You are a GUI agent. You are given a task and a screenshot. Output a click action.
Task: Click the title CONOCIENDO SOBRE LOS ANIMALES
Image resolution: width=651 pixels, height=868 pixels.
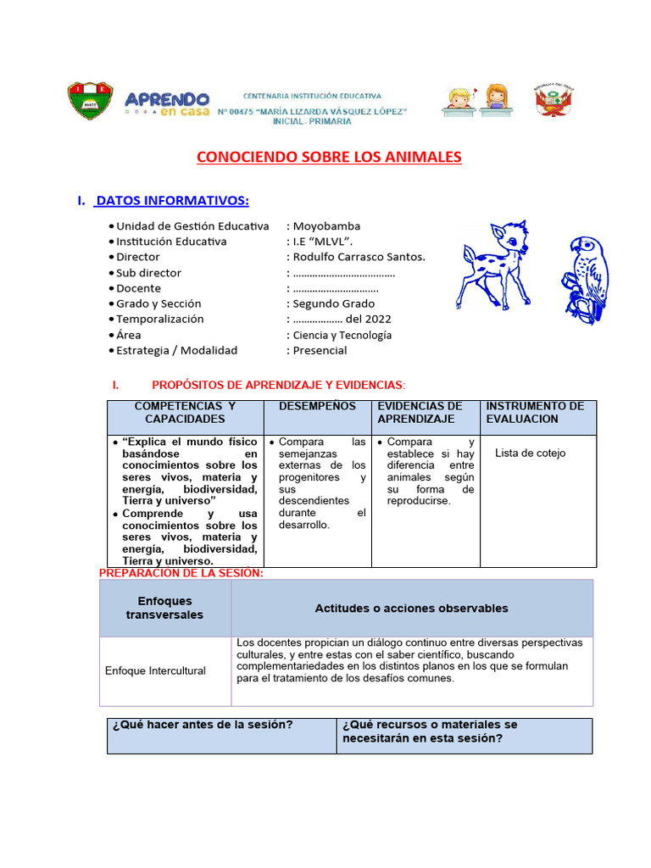pyautogui.click(x=329, y=157)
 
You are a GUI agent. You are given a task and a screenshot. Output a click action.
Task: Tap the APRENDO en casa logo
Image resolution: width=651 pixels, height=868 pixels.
pyautogui.click(x=166, y=103)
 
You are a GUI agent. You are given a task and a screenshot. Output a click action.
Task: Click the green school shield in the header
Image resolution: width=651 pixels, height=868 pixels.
pyautogui.click(x=90, y=101)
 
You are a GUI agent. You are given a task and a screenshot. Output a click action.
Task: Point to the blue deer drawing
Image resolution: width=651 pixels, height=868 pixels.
pyautogui.click(x=496, y=264)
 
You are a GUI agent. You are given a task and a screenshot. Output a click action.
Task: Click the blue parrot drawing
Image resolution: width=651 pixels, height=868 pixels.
pyautogui.click(x=587, y=278)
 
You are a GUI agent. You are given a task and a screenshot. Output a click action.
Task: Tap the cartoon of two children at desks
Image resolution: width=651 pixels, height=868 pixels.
pyautogui.click(x=475, y=100)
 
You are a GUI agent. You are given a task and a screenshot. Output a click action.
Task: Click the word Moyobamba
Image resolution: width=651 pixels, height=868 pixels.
pyautogui.click(x=326, y=226)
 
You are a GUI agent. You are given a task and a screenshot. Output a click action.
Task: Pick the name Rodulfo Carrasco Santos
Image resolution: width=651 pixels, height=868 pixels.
pyautogui.click(x=359, y=257)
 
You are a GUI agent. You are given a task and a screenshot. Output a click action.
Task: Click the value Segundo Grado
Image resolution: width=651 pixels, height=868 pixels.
pyautogui.click(x=333, y=303)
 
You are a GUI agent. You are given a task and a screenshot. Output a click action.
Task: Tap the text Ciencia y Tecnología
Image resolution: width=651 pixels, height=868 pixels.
pyautogui.click(x=342, y=335)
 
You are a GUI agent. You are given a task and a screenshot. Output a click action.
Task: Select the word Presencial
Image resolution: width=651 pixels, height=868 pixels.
pyautogui.click(x=320, y=350)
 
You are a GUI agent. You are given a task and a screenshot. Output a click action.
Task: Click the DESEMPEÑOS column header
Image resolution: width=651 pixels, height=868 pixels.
pyautogui.click(x=317, y=407)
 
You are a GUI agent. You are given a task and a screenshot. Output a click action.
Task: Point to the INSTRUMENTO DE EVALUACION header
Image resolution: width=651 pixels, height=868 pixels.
pyautogui.click(x=535, y=413)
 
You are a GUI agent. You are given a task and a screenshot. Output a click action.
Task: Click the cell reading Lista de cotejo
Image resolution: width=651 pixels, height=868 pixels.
pyautogui.click(x=530, y=453)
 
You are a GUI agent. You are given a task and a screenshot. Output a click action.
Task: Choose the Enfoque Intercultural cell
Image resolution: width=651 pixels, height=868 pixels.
pyautogui.click(x=155, y=670)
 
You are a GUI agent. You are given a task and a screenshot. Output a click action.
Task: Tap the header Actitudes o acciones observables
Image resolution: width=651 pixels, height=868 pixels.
pyautogui.click(x=411, y=609)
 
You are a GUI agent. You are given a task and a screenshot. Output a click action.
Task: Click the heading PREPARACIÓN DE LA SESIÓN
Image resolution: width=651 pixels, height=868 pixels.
pyautogui.click(x=181, y=574)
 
